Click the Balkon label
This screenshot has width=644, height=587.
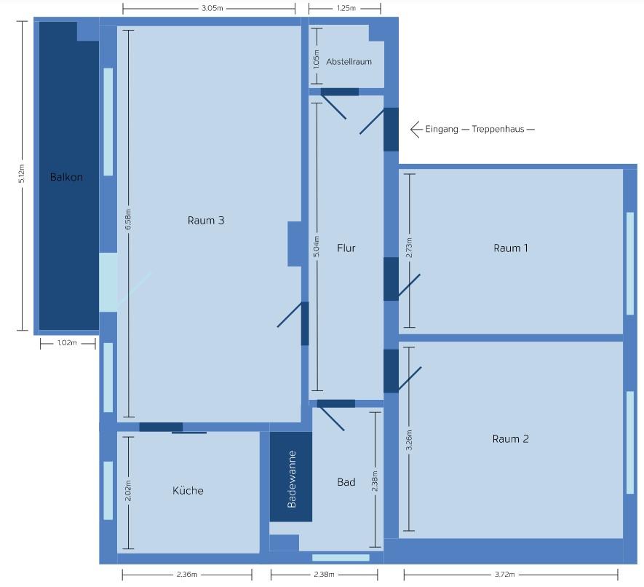tap(66, 177)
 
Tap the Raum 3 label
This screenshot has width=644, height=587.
tap(206, 221)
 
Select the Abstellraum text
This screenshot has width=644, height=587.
tap(349, 62)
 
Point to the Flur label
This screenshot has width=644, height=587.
tap(346, 248)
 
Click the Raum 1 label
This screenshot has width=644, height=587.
tap(511, 248)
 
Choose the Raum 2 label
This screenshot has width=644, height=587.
tap(511, 438)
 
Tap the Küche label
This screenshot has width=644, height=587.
tap(188, 490)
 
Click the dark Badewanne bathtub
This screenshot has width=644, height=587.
tap(291, 476)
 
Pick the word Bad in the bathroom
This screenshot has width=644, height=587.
tap(346, 482)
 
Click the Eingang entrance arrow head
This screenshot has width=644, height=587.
tap(414, 130)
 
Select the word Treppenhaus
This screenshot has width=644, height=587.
tap(498, 129)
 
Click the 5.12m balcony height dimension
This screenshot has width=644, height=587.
tap(22, 173)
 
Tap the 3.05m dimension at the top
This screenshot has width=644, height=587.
tap(212, 8)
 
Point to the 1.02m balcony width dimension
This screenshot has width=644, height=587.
tap(67, 343)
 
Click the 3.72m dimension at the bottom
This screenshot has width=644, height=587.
tap(504, 575)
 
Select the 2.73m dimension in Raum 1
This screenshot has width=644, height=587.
tap(409, 248)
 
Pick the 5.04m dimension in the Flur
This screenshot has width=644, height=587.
tap(317, 246)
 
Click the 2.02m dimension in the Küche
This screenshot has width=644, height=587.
tap(128, 490)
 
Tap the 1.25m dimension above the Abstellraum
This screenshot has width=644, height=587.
tap(346, 8)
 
